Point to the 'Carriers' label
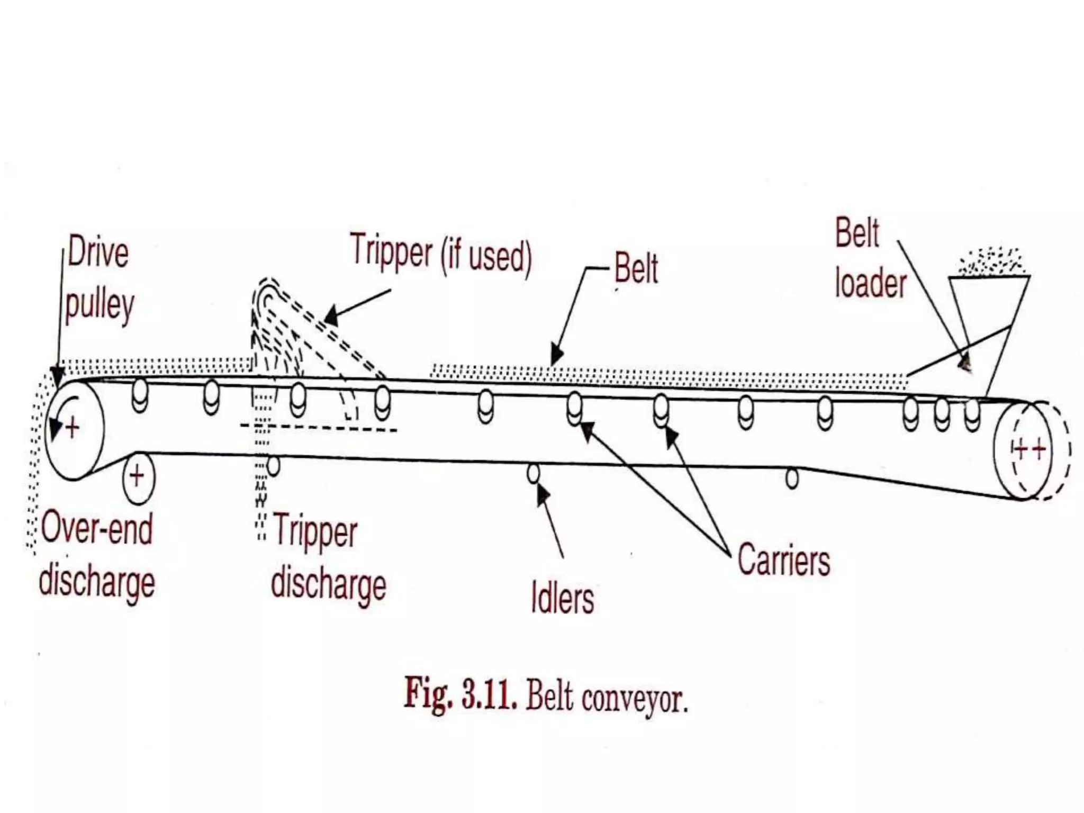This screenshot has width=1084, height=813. click(x=783, y=559)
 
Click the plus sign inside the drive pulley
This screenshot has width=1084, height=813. click(x=73, y=427)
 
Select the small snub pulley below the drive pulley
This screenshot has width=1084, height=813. click(x=138, y=476)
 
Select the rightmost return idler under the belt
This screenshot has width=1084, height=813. click(x=792, y=478)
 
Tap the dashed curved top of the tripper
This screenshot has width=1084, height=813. click(x=268, y=288)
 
